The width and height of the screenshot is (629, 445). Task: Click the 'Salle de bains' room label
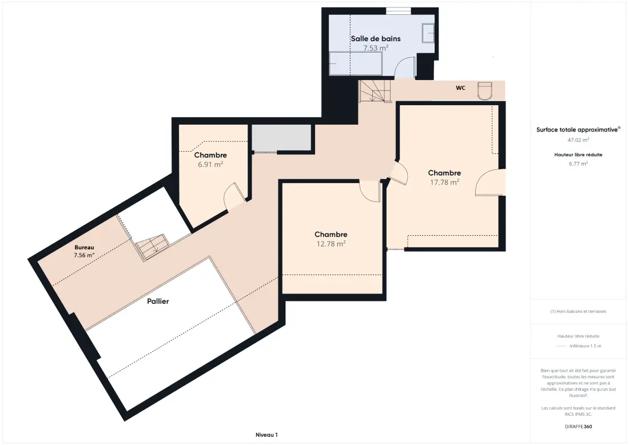click(376, 38)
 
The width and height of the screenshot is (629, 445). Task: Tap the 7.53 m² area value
click(376, 47)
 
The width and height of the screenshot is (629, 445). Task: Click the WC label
click(460, 88)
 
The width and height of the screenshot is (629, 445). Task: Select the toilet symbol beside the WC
click(485, 90)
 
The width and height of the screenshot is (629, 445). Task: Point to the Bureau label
click(84, 247)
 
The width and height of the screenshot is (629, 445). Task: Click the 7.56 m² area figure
click(84, 255)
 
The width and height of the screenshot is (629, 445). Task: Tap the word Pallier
click(158, 301)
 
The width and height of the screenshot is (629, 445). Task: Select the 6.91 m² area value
click(210, 164)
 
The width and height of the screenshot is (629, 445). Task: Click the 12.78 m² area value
click(331, 244)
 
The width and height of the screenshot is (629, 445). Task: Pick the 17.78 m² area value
click(444, 182)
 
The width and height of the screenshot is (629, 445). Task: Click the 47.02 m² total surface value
click(578, 140)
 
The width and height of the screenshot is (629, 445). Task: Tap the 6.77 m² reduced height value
click(578, 164)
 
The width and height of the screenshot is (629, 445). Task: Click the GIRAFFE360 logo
click(578, 427)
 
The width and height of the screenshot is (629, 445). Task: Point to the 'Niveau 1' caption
click(266, 435)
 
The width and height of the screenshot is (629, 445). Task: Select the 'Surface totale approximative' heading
click(578, 130)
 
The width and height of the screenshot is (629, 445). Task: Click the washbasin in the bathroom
click(428, 33)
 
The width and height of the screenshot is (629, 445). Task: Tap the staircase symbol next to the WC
click(375, 91)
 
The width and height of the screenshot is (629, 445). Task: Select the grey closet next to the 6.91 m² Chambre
click(281, 138)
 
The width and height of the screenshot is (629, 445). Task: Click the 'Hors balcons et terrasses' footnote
click(578, 311)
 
